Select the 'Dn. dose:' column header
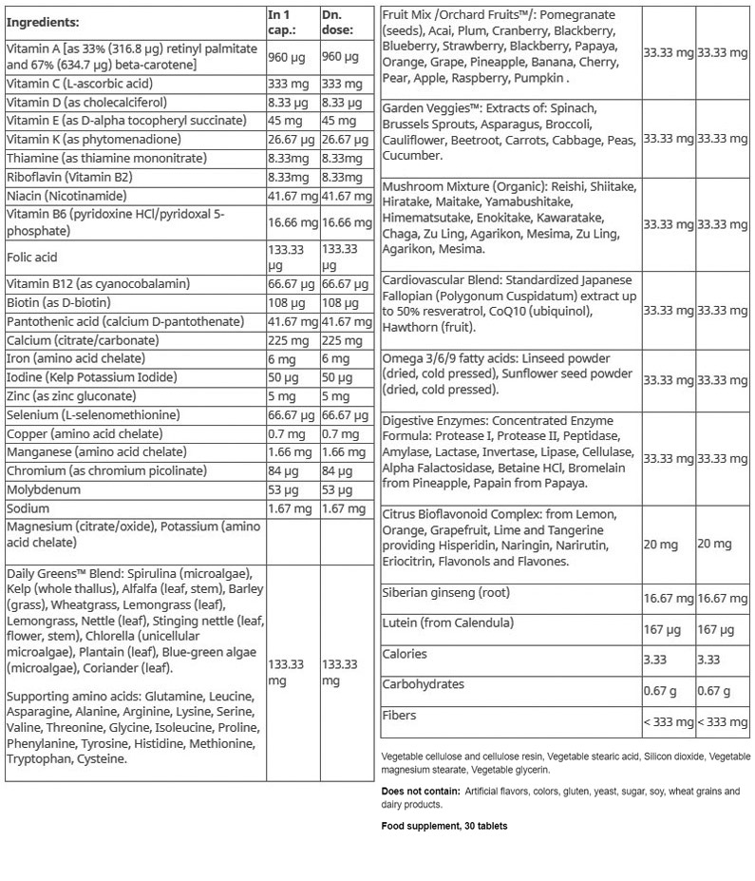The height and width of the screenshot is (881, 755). pyautogui.click(x=337, y=22)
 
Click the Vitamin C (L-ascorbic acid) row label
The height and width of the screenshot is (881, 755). pyautogui.click(x=79, y=84)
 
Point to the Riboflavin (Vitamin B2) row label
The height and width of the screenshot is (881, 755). pyautogui.click(x=68, y=177)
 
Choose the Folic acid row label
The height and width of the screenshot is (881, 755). pyautogui.click(x=32, y=257)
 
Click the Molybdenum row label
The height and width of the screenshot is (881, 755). pyautogui.click(x=43, y=489)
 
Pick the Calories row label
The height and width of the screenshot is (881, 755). pyautogui.click(x=405, y=654)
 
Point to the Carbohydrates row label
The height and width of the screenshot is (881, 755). pyautogui.click(x=423, y=684)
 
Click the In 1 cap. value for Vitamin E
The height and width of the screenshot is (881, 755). pyautogui.click(x=285, y=121)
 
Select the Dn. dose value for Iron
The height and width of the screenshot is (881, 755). pyautogui.click(x=336, y=358)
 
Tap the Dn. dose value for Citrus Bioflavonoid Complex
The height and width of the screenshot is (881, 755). pyautogui.click(x=714, y=544)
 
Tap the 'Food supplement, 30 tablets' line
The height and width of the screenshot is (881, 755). pyautogui.click(x=444, y=826)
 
